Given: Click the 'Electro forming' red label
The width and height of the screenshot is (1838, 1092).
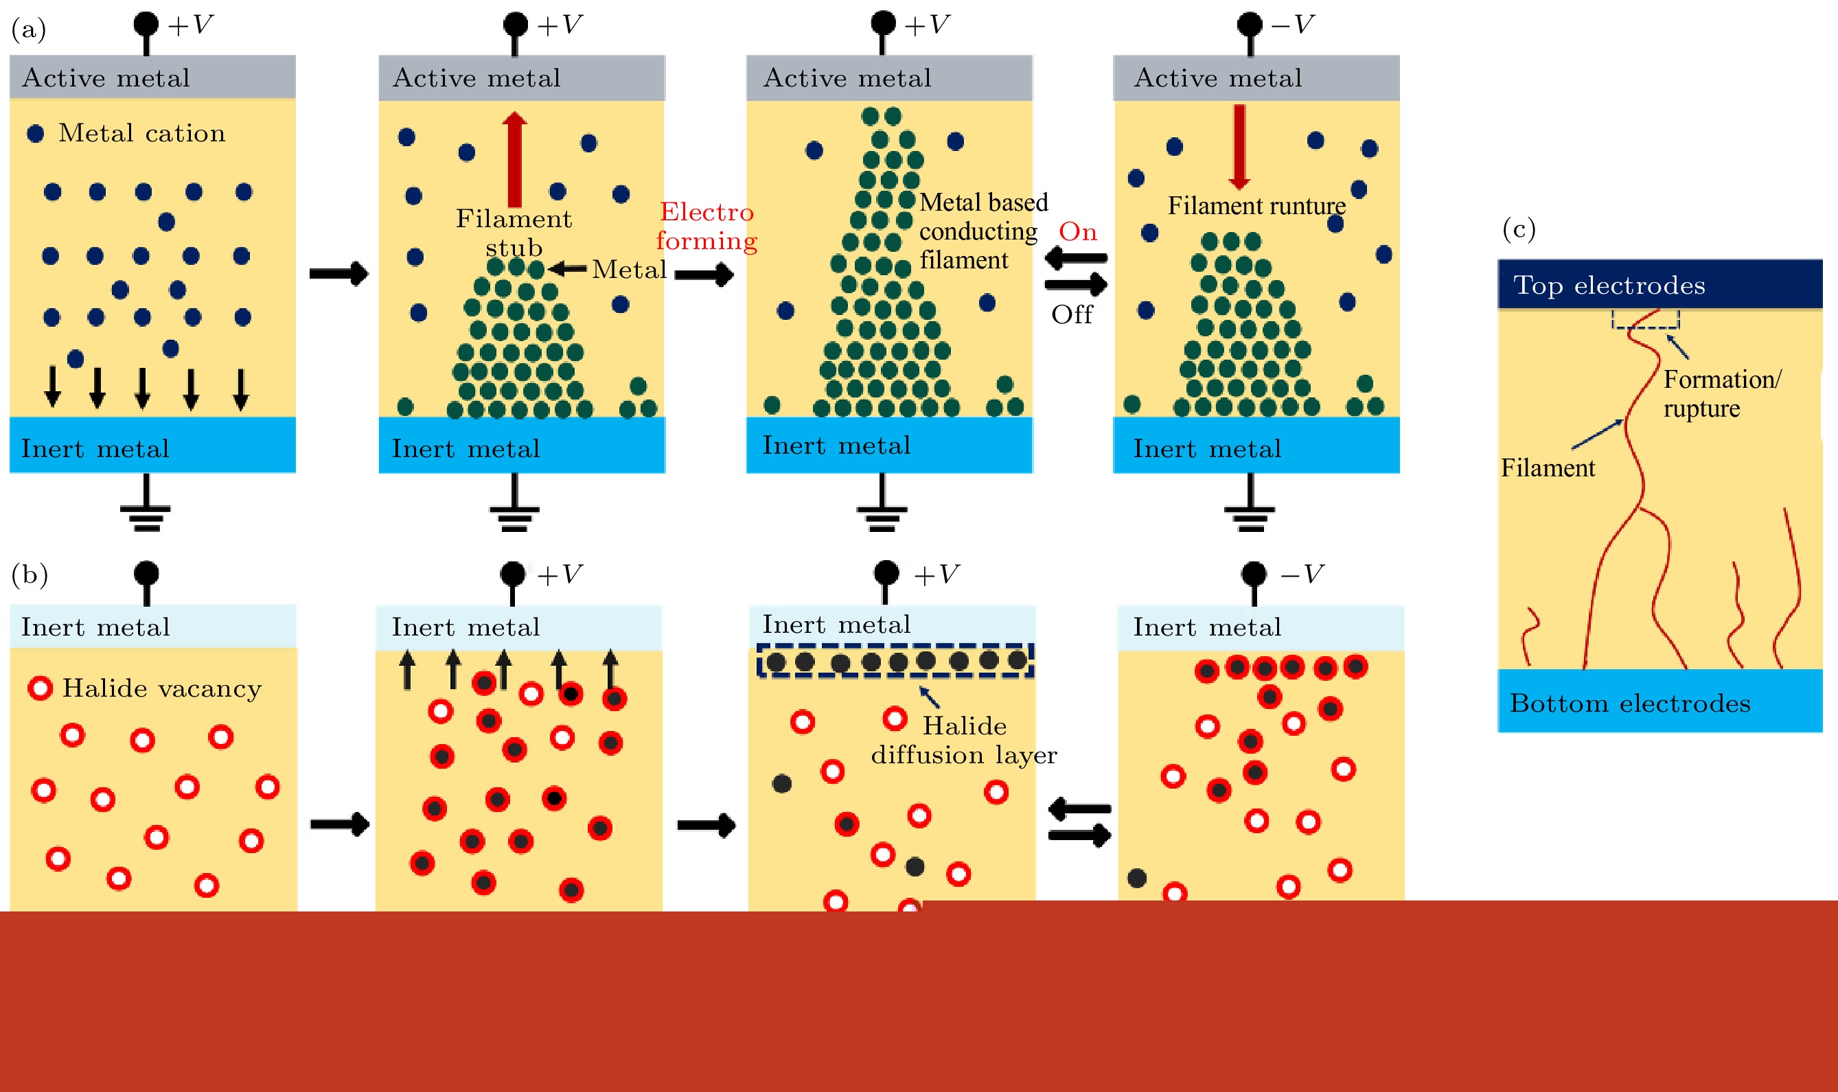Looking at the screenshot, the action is (707, 226).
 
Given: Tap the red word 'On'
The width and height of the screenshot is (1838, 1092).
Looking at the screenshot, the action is (1078, 232).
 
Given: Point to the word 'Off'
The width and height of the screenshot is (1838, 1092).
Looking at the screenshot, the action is (1072, 314).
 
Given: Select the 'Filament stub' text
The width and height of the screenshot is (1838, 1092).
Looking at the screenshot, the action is (514, 233).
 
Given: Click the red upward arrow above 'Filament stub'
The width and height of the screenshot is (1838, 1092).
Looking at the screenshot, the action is (514, 159).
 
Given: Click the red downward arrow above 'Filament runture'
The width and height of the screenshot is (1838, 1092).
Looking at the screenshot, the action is (1239, 146).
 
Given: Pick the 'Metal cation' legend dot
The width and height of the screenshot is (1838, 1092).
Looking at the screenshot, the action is (35, 133).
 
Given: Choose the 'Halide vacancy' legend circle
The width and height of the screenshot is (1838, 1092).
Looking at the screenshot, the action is (40, 688).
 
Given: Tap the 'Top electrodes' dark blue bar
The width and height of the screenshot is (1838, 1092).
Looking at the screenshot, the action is (1660, 284).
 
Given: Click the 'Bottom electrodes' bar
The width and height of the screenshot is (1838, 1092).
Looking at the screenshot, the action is (1660, 701).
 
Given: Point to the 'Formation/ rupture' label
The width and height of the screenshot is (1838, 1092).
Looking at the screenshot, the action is (1722, 394).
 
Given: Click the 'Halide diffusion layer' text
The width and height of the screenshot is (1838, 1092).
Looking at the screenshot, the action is (963, 741).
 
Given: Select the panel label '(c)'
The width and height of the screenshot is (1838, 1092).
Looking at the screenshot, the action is (1519, 229).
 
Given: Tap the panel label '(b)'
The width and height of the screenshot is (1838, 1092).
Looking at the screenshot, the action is (30, 574).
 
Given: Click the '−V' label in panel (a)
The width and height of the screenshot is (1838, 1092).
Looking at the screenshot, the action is (1292, 24).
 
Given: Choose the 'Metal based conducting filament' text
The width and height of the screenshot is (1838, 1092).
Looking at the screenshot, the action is (983, 231).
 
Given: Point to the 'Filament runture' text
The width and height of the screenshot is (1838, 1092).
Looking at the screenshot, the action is (1256, 205).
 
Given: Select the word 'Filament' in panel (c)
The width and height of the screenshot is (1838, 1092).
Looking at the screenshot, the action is (1548, 468).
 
